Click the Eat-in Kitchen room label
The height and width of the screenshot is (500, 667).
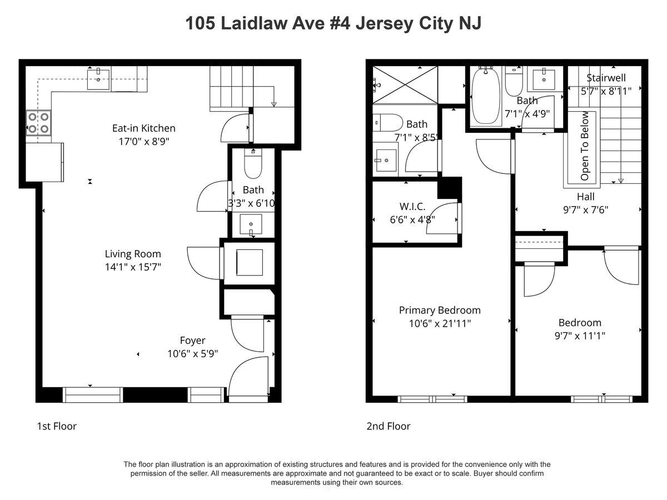tap(144, 128)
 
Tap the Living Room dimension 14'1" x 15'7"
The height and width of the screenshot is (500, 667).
tap(133, 267)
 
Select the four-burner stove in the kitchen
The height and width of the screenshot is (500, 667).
tap(38, 123)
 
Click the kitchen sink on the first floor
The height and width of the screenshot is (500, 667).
tap(98, 79)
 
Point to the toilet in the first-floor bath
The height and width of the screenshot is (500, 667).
tap(253, 163)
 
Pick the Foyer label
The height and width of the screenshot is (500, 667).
tap(192, 341)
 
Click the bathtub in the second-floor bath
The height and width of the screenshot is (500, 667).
tap(486, 96)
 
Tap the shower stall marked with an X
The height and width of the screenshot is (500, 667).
tap(405, 85)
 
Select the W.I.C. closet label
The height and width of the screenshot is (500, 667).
tap(412, 207)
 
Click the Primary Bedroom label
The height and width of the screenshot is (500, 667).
tap(440, 310)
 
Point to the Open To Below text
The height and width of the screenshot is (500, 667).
tap(584, 146)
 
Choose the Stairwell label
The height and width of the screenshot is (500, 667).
tap(606, 78)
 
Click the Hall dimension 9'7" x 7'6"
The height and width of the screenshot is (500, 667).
tap(585, 210)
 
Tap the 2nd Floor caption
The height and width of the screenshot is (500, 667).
tap(389, 426)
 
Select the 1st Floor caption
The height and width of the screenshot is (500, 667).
tap(57, 426)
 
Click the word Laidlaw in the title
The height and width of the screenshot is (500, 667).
tap(253, 23)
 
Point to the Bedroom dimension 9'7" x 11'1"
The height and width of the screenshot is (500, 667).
tap(580, 336)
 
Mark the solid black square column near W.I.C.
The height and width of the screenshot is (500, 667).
tap(450, 188)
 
